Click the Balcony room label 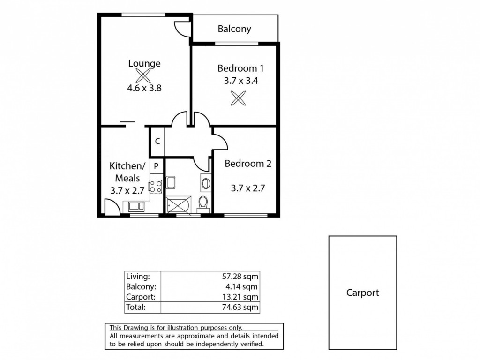234,29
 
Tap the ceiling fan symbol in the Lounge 143,75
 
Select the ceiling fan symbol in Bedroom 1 238,98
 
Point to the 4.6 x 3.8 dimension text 144,88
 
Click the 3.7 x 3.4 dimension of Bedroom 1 241,81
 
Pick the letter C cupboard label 157,141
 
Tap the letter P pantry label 156,166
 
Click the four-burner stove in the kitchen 156,187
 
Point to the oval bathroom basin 206,183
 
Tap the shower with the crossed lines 178,204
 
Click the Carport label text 362,292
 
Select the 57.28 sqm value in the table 240,277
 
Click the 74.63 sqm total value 240,307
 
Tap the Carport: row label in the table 141,297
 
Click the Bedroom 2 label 248,164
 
